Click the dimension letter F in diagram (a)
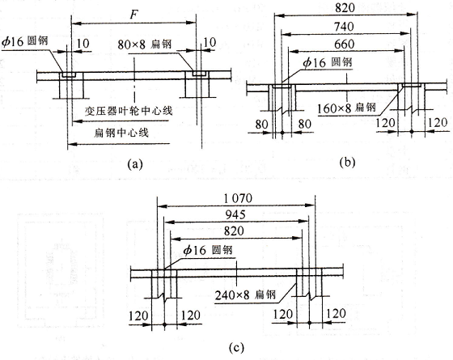(x=133, y=14)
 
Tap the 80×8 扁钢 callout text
(x=145, y=44)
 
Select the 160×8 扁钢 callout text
(x=347, y=108)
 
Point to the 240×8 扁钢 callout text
(x=245, y=295)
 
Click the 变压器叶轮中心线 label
(x=129, y=111)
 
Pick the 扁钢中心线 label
(x=121, y=133)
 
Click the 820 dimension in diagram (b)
(x=345, y=8)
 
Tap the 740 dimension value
(x=344, y=27)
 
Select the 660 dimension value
(x=344, y=44)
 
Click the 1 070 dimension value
(x=238, y=198)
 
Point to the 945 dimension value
(x=235, y=214)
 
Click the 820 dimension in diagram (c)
(x=234, y=231)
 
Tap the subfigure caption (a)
(x=135, y=164)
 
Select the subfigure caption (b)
(x=348, y=163)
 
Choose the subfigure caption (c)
(x=236, y=348)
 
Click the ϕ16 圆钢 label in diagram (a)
(x=25, y=41)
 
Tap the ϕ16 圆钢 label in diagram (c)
(x=209, y=250)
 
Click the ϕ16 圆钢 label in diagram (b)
(x=328, y=62)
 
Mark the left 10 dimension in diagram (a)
(x=83, y=44)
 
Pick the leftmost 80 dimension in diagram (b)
(x=262, y=125)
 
